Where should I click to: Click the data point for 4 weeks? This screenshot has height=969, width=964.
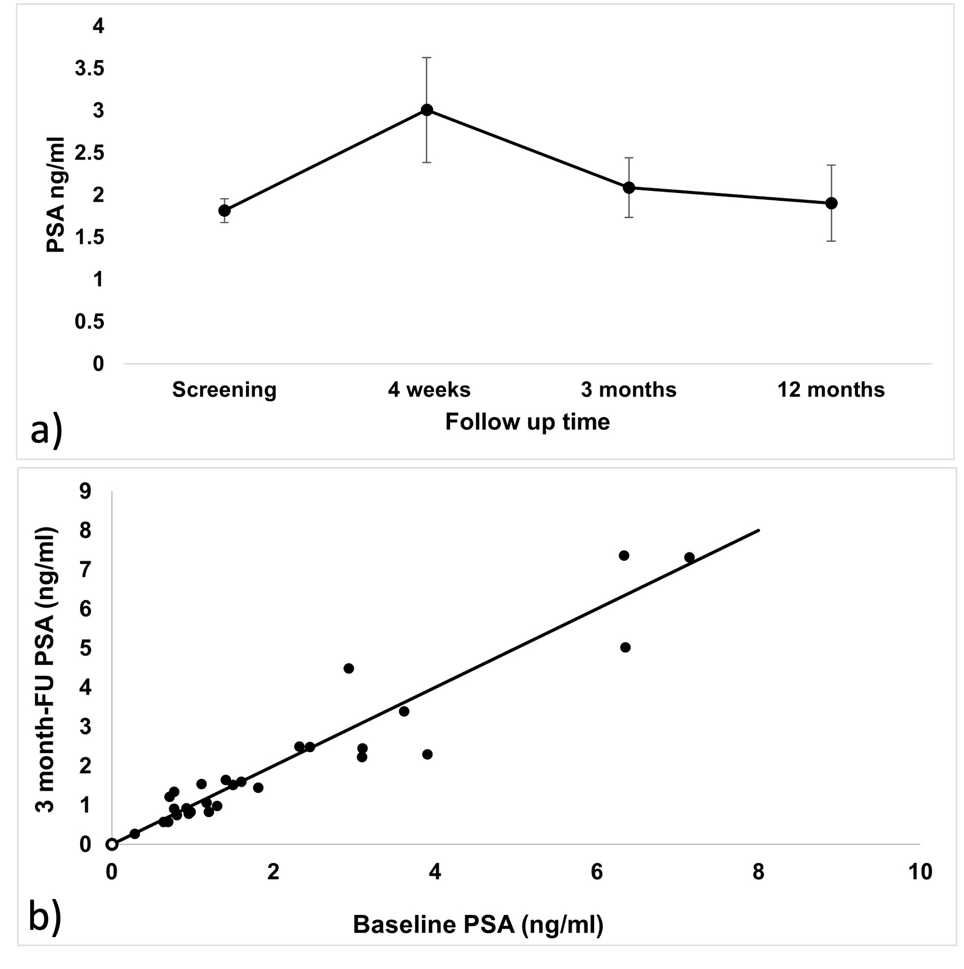427,110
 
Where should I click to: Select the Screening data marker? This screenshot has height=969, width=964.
224,210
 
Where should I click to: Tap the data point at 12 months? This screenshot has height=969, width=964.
832,203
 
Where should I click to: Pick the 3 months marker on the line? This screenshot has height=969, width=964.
629,188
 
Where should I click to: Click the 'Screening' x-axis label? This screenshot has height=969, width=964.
224,390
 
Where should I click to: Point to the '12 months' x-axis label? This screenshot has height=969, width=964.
831,390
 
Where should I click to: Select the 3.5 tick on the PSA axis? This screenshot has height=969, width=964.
89,69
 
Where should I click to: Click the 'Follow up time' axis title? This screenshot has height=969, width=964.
527,422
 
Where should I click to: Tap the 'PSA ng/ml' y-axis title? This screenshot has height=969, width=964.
55,195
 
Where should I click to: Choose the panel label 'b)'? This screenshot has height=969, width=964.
45,917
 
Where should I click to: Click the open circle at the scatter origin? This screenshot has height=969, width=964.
112,844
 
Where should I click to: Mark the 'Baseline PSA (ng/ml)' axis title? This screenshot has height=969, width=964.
478,924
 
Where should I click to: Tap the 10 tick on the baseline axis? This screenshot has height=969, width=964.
920,872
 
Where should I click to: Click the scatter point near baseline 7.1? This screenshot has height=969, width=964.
689,557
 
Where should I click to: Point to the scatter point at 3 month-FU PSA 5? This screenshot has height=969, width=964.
625,647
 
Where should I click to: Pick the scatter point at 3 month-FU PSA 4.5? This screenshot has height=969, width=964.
349,668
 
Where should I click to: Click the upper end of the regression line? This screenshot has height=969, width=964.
759,530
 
